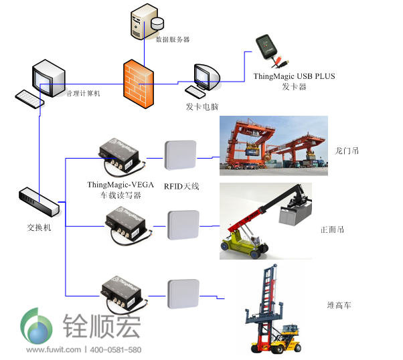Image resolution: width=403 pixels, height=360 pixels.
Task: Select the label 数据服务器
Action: point(173,39)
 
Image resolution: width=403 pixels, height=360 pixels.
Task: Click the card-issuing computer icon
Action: point(203,82)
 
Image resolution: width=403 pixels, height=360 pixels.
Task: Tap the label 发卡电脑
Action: point(202,107)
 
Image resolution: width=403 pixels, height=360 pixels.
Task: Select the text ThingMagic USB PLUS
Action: point(294,76)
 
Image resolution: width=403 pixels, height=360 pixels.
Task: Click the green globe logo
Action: point(37,327)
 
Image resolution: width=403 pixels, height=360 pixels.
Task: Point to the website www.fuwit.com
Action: point(54,350)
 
